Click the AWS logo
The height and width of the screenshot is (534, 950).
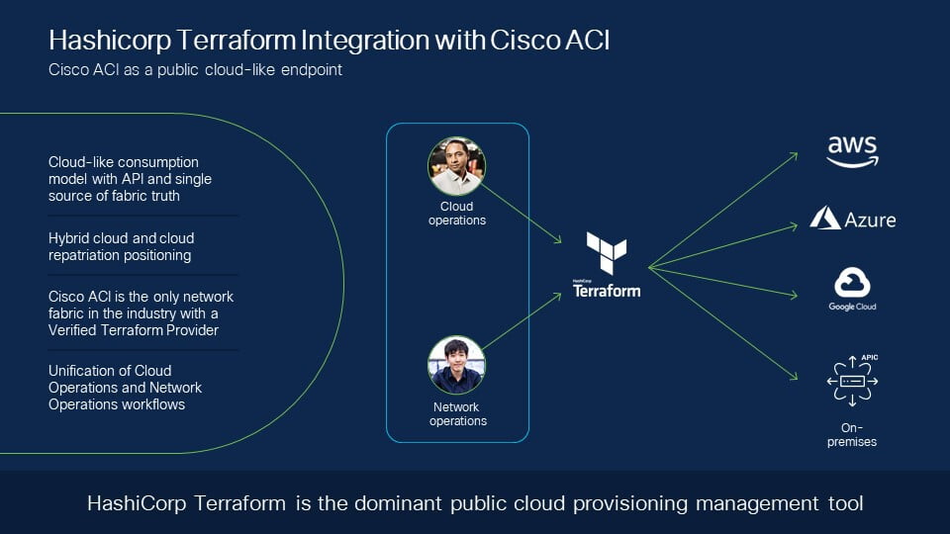pyautogui.click(x=852, y=151)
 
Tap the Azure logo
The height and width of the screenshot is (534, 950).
pyautogui.click(x=852, y=219)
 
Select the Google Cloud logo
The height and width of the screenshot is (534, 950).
pyautogui.click(x=852, y=289)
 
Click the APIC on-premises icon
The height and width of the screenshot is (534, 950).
pyautogui.click(x=852, y=381)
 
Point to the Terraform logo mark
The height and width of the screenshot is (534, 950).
pyautogui.click(x=607, y=252)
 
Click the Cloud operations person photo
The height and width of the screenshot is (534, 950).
pyautogui.click(x=456, y=166)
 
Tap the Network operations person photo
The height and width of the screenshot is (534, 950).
pyautogui.click(x=456, y=365)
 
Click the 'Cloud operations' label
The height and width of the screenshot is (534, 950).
pyautogui.click(x=457, y=214)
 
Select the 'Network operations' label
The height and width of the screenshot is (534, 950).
pyautogui.click(x=457, y=414)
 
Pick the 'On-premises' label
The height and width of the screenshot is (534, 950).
pyautogui.click(x=852, y=435)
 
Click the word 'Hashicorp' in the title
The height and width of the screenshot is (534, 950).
pyautogui.click(x=110, y=41)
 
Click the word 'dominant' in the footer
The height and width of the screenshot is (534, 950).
pyautogui.click(x=398, y=503)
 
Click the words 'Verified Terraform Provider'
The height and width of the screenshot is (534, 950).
pyautogui.click(x=134, y=330)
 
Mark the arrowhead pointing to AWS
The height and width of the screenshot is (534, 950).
pyautogui.click(x=794, y=156)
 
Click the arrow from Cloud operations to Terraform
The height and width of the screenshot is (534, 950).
pyautogui.click(x=522, y=214)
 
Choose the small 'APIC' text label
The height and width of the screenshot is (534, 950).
pyautogui.click(x=870, y=357)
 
